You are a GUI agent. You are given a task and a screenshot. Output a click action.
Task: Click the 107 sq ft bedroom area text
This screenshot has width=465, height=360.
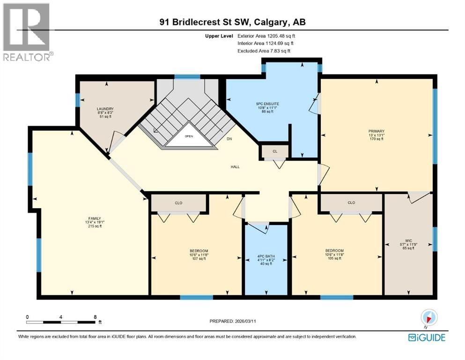tap(199, 259)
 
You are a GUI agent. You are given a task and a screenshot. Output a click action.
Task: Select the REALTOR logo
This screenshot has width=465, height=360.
tap(27, 32)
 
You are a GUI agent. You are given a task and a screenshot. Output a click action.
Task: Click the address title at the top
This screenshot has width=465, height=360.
tap(232, 22)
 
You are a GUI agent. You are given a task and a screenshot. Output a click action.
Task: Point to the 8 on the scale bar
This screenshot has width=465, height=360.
tap(96, 317)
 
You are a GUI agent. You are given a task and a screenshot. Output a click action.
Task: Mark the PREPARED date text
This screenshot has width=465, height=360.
tap(240, 321)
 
